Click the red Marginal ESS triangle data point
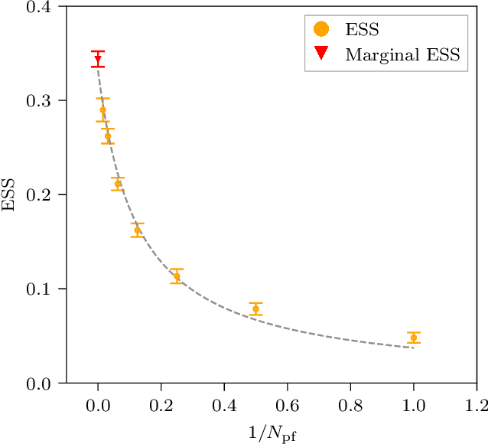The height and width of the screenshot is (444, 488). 98,59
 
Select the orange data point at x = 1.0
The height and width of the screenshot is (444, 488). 414,338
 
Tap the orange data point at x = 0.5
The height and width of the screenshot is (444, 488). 255,309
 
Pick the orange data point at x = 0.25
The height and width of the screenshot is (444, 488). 177,276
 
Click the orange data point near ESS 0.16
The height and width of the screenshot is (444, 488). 138,230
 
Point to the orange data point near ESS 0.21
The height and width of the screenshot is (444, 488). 118,184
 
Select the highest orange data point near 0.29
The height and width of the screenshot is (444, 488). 102,110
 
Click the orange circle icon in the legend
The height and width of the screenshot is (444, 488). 322,30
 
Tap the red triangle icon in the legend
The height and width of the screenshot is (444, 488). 322,54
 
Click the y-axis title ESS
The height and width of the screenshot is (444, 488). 10,194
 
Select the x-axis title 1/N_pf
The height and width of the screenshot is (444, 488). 272,433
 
